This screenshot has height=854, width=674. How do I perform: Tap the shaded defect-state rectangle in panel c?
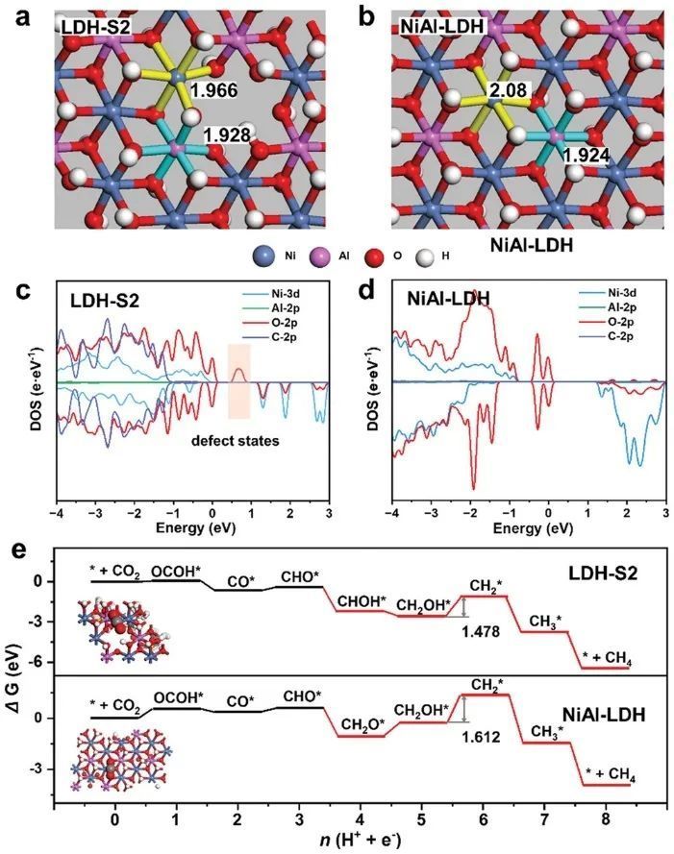pos(238,380)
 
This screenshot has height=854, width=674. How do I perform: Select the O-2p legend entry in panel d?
pos(623,327)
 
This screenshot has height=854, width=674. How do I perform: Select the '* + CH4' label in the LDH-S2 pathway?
pos(608,656)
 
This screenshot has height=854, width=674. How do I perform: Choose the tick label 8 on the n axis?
pos(605,818)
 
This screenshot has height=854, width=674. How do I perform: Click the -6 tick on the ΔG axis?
pos(63,662)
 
